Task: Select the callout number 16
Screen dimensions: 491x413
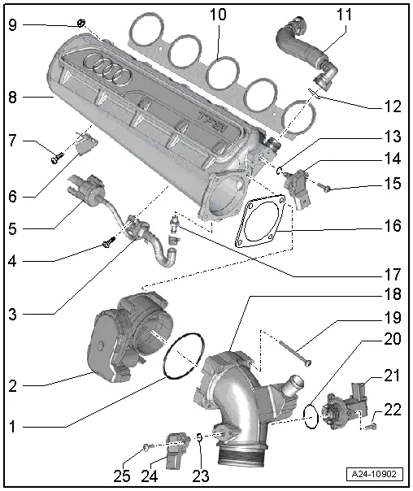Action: pyautogui.click(x=393, y=225)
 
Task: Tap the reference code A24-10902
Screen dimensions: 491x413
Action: pyautogui.click(x=375, y=474)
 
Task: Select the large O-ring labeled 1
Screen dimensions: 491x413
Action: pyautogui.click(x=184, y=357)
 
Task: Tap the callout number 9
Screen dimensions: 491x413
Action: pyautogui.click(x=12, y=24)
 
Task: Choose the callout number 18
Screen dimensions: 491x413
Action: pyautogui.click(x=393, y=298)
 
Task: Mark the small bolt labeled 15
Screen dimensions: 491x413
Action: pyautogui.click(x=326, y=187)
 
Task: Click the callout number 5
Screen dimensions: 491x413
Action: pyautogui.click(x=12, y=229)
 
